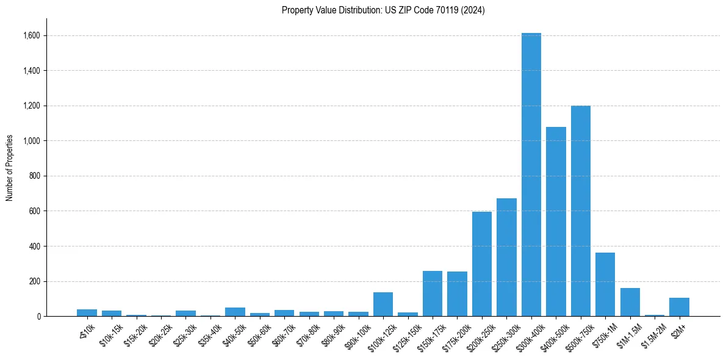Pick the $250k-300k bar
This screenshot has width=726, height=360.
(506, 257)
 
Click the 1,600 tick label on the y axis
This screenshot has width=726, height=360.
(32, 36)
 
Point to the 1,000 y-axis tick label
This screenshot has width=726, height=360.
(32, 141)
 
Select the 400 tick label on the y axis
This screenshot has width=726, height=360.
(35, 247)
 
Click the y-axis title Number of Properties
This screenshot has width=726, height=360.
(10, 168)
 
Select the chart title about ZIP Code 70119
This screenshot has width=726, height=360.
(383, 10)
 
